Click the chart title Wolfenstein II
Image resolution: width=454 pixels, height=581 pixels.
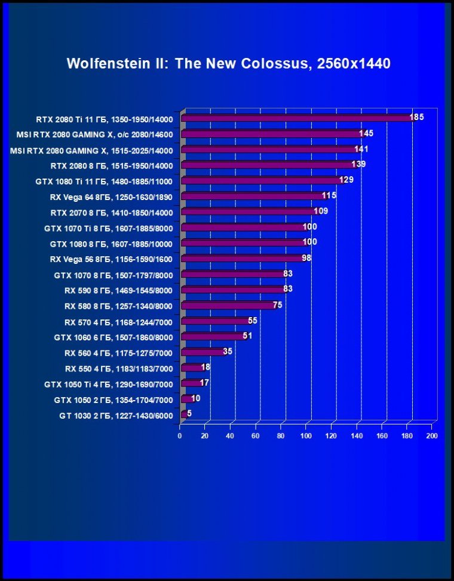pyautogui.click(x=228, y=64)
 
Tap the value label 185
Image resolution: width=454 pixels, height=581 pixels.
pyautogui.click(x=417, y=117)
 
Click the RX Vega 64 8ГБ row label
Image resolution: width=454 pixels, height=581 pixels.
pyautogui.click(x=112, y=196)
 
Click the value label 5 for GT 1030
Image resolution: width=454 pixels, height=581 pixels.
pyautogui.click(x=189, y=413)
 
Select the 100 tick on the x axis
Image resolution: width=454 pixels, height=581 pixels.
pyautogui.click(x=306, y=436)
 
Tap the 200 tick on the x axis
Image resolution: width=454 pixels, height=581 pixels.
pyautogui.click(x=432, y=436)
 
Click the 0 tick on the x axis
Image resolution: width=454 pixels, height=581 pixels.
pyautogui.click(x=180, y=436)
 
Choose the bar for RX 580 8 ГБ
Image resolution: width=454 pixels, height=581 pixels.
pyautogui.click(x=228, y=306)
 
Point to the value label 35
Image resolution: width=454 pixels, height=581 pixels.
pyautogui.click(x=228, y=351)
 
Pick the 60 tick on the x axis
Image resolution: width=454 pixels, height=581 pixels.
pyautogui.click(x=256, y=436)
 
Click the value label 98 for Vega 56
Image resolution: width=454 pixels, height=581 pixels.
pyautogui.click(x=306, y=257)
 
